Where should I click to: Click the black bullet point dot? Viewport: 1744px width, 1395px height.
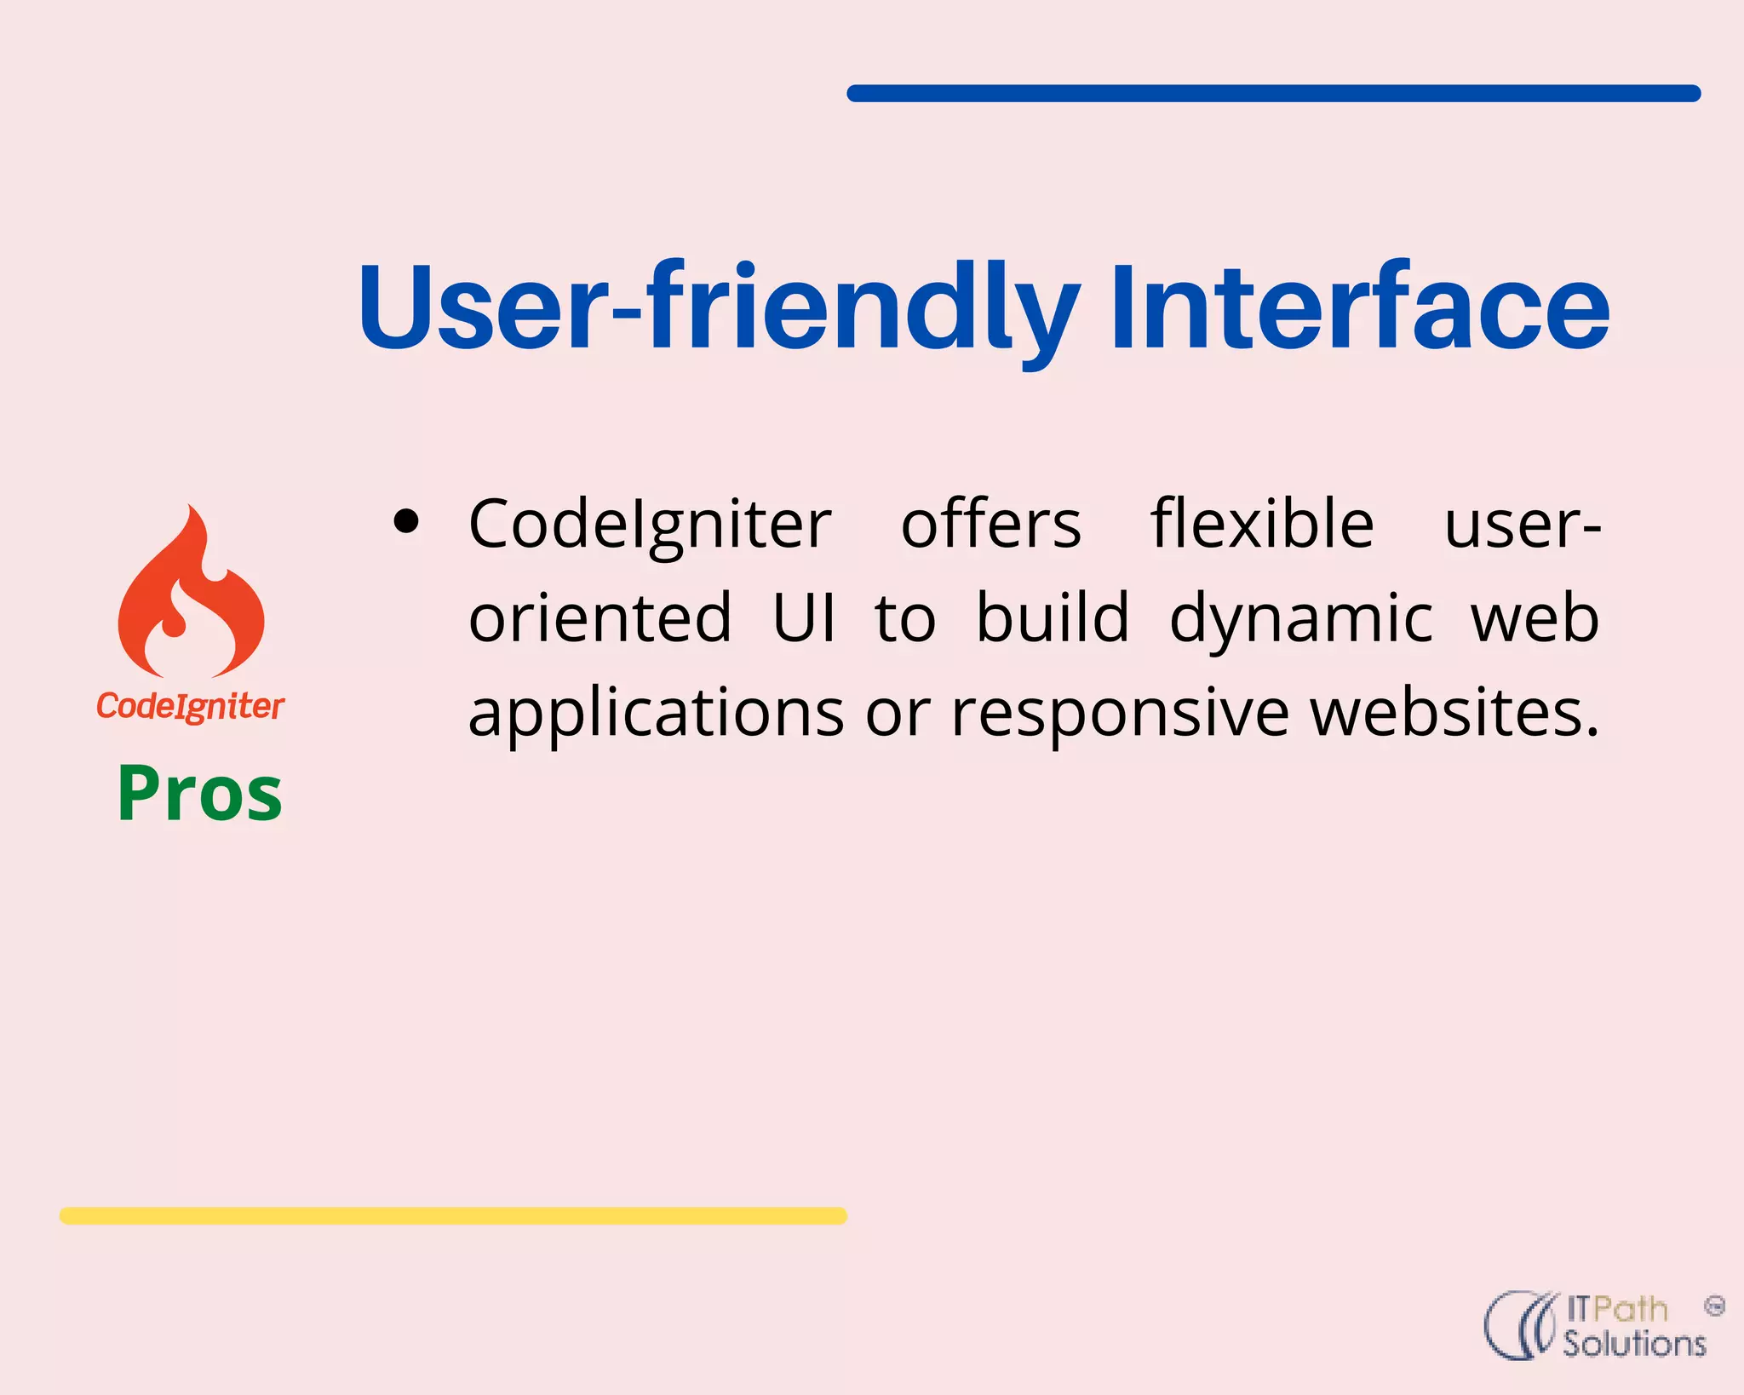(407, 521)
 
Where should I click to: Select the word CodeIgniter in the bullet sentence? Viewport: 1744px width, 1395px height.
(650, 524)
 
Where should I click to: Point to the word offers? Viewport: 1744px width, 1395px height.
(991, 524)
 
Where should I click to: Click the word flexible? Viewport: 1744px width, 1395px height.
(1262, 524)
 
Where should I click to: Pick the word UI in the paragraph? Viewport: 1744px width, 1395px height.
(804, 617)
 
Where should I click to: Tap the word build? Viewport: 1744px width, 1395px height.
(1053, 617)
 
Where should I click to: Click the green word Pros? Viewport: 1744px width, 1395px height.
(200, 794)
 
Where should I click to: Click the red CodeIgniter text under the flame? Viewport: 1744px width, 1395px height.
(190, 706)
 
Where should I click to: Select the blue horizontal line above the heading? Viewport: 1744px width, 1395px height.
(1273, 94)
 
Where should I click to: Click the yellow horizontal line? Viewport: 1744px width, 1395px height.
(453, 1215)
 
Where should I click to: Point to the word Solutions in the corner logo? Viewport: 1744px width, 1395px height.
(1634, 1343)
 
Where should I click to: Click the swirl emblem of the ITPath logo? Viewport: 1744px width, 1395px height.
(1521, 1325)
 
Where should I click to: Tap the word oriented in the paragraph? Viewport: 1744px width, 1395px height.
(599, 617)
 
